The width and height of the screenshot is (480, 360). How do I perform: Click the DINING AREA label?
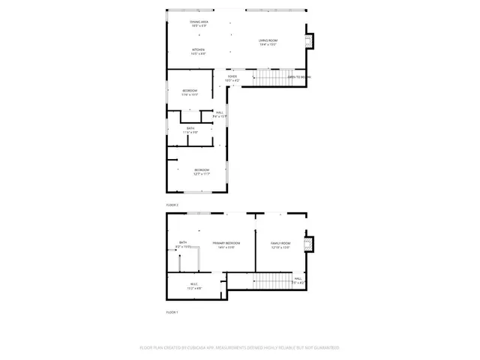tap(199, 24)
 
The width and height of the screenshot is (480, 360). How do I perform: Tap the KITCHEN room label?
tap(198, 52)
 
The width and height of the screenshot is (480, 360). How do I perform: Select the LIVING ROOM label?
tap(268, 42)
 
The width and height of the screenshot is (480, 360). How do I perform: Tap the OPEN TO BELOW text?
tap(299, 77)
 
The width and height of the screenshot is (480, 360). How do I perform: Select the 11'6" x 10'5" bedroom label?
tap(190, 92)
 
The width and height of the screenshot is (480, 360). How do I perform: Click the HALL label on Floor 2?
tap(220, 114)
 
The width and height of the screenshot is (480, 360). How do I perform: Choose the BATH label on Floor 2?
tap(190, 130)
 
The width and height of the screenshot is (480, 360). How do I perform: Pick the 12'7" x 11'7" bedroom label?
tap(201, 171)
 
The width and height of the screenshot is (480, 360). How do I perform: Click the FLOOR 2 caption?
tap(172, 205)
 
